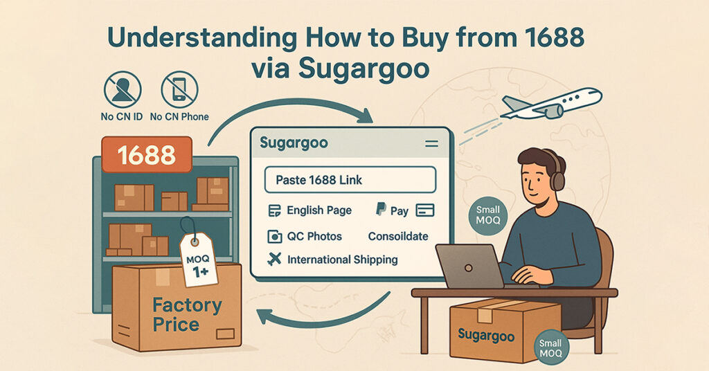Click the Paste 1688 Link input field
pos(350,180)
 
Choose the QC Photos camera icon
pos(275,237)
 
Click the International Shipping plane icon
pos(275,260)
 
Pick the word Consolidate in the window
pos(398,237)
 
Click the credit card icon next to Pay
pos(426,210)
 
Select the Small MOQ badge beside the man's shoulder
pos(488,215)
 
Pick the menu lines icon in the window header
pos(431,144)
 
